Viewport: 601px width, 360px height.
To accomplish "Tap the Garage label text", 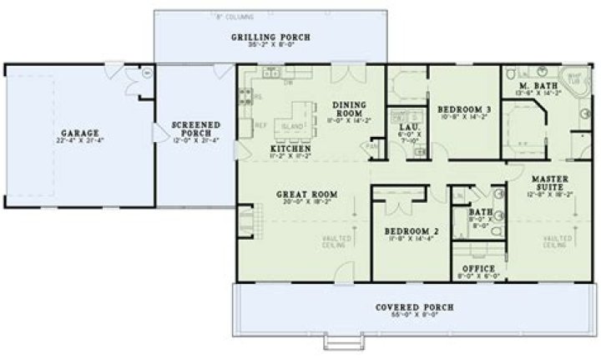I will (80, 132).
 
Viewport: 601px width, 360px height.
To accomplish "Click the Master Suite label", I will (550, 181).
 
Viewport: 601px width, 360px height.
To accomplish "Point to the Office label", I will (478, 268).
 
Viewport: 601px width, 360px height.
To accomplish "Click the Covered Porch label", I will (414, 307).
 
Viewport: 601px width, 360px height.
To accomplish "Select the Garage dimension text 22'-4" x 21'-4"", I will (80, 140).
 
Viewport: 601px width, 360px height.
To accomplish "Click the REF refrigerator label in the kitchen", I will (260, 125).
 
